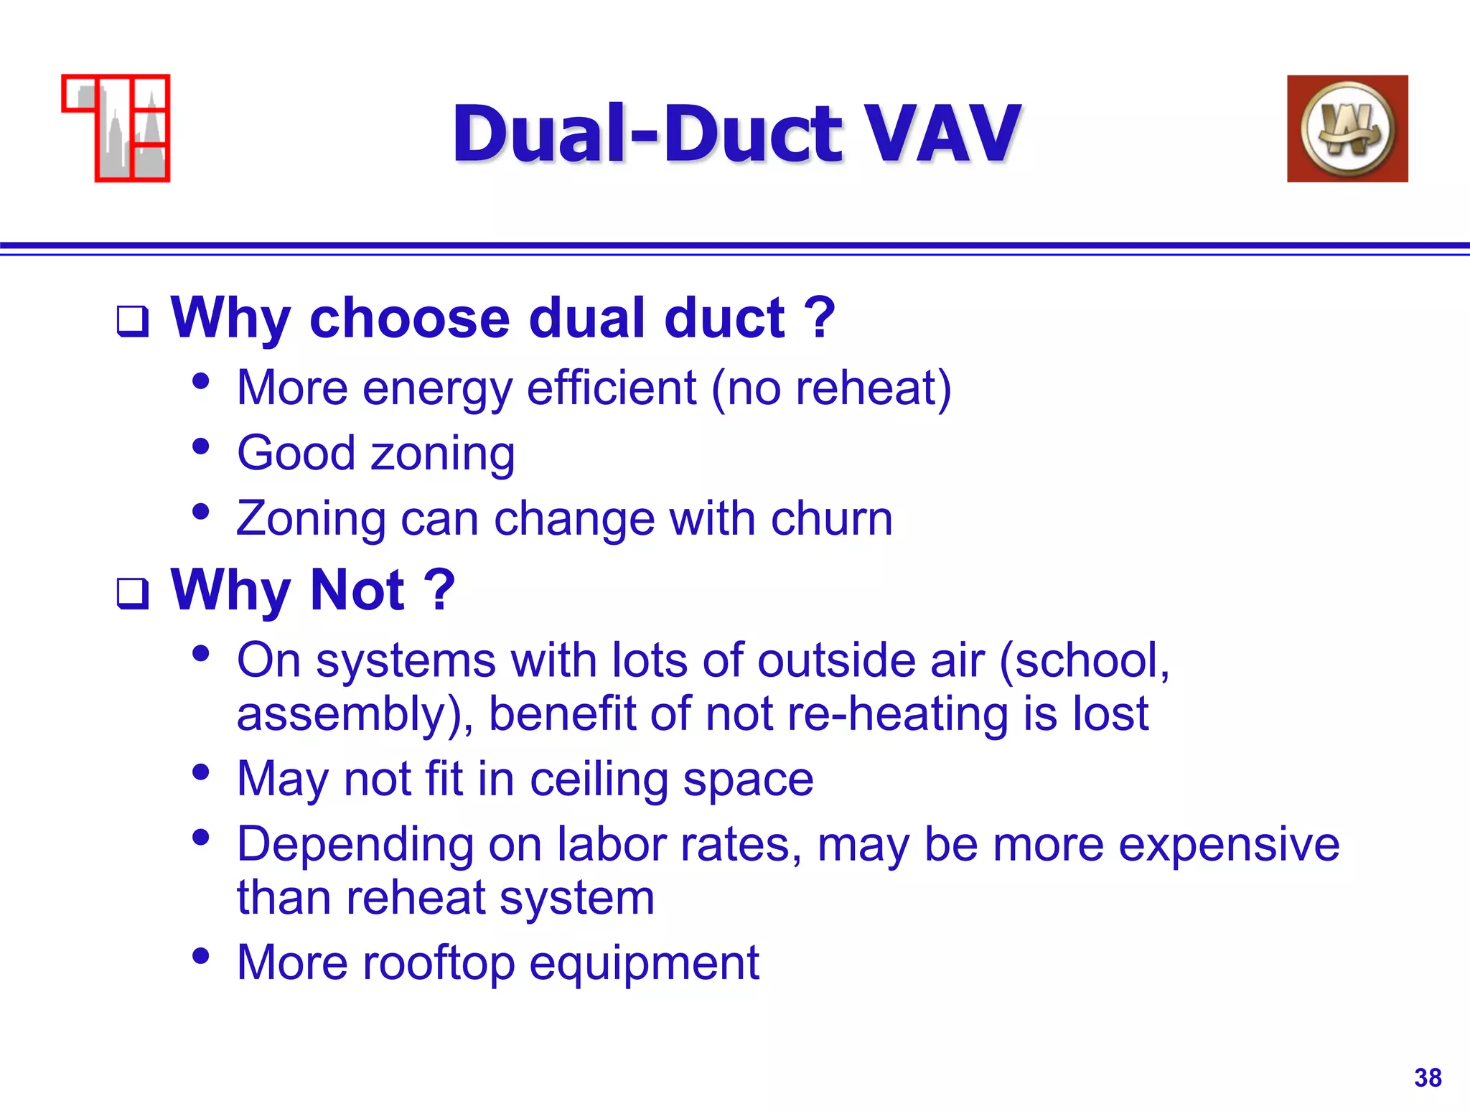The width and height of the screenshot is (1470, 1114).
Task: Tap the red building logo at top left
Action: click(x=116, y=128)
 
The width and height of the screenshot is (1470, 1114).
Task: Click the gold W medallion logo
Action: click(x=1347, y=129)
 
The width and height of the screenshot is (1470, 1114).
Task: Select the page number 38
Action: click(x=1428, y=1077)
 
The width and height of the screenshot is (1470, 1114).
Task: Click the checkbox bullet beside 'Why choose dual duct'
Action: click(x=133, y=321)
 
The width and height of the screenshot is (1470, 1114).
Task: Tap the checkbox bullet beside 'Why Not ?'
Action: click(x=133, y=594)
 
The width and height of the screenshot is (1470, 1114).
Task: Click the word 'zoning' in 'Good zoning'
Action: click(x=442, y=454)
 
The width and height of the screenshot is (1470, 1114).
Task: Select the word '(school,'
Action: click(x=1084, y=660)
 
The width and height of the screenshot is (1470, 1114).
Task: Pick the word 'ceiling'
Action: click(x=599, y=780)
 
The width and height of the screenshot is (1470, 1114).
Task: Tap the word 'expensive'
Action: click(x=1228, y=844)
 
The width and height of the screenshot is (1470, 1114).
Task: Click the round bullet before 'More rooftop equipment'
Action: click(x=201, y=956)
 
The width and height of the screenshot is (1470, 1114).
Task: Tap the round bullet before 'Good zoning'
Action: click(x=201, y=447)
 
